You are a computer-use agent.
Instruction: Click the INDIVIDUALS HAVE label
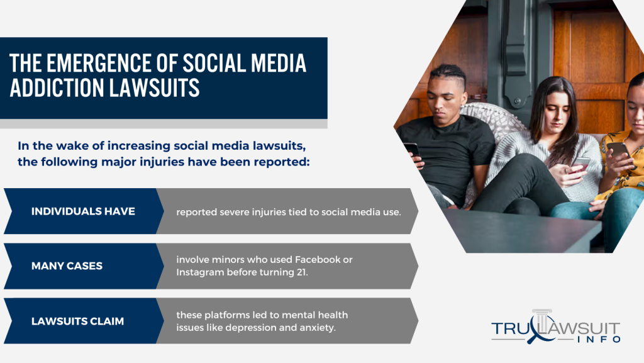pos(83,211)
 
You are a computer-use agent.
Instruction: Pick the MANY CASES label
pos(67,266)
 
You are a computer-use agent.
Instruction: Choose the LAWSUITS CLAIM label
pos(77,321)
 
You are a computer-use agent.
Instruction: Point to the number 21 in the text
pos(302,272)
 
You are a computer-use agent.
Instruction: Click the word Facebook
pos(318,260)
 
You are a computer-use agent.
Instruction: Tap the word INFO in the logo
pos(599,340)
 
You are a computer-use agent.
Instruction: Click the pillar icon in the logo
pos(543,320)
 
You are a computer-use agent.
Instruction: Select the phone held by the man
pos(411,150)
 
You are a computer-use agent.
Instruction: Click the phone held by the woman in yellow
pos(618,150)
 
